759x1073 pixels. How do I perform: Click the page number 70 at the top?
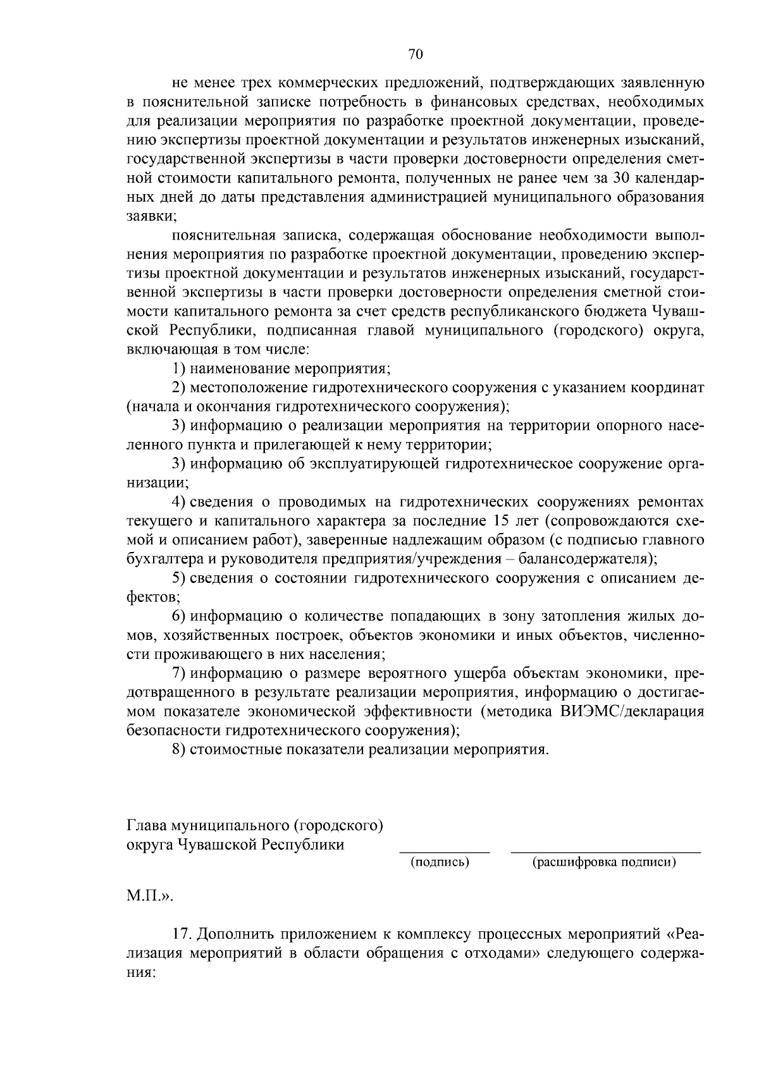(x=415, y=55)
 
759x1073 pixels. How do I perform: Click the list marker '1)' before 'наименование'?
(x=180, y=368)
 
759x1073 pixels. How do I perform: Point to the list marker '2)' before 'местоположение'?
(x=180, y=387)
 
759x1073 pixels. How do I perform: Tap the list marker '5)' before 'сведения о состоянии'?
(x=180, y=578)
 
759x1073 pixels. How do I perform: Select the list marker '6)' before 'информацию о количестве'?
(x=180, y=616)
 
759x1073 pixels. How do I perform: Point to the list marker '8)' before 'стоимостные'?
(x=180, y=750)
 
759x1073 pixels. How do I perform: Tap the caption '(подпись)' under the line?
(x=440, y=862)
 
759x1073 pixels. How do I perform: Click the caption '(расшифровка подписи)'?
(x=604, y=862)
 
